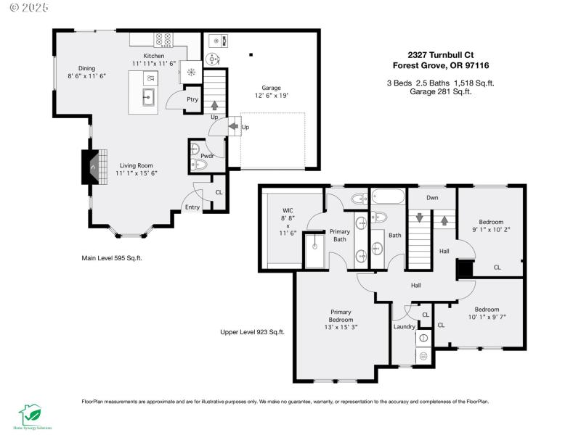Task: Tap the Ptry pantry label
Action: pyautogui.click(x=192, y=99)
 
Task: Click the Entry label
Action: pyautogui.click(x=192, y=207)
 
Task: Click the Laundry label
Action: pyautogui.click(x=405, y=326)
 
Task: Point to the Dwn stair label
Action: pyautogui.click(x=432, y=197)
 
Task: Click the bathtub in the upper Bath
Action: pyautogui.click(x=386, y=196)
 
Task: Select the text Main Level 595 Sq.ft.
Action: pyautogui.click(x=111, y=257)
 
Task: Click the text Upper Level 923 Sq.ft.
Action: pyautogui.click(x=252, y=332)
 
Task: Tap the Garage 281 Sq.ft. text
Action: pyautogui.click(x=441, y=91)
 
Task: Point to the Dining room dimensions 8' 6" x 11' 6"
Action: pyautogui.click(x=87, y=75)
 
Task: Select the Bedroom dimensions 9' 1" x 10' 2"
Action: pyautogui.click(x=491, y=231)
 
